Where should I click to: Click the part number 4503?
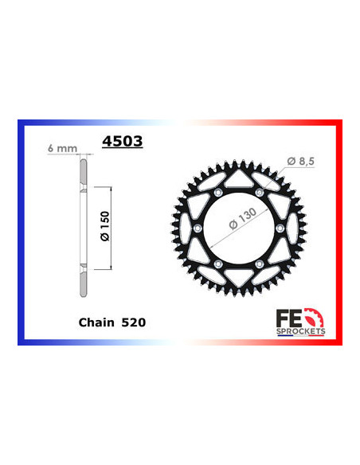click(122, 143)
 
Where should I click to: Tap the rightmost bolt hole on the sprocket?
click(280, 228)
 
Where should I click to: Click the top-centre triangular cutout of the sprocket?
click(238, 179)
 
